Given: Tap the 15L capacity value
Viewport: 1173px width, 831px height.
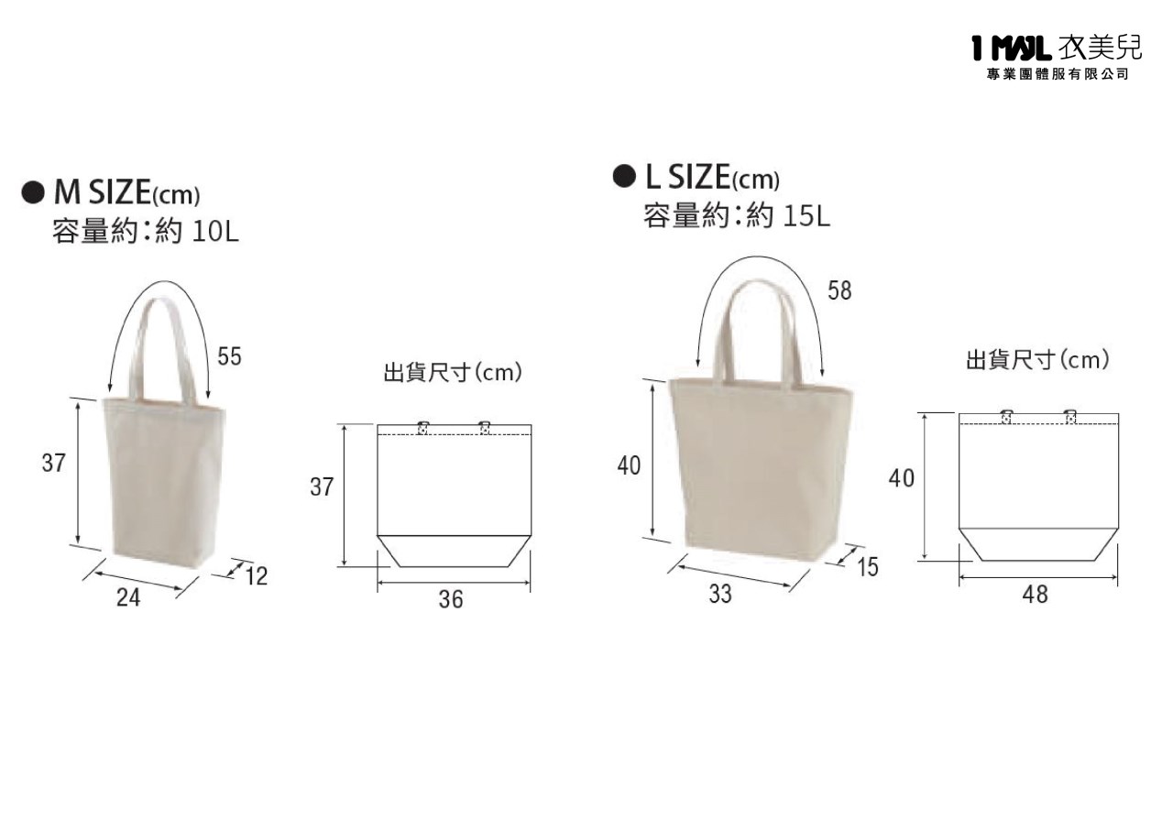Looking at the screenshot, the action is coord(806,215).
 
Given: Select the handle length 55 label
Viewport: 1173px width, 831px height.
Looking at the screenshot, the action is coord(229,356).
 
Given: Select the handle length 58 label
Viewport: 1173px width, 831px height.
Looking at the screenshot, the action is coord(839,290).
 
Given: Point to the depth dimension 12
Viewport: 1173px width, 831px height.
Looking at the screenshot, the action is coord(256,576).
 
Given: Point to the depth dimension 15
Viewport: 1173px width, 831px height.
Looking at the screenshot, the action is coord(868,567).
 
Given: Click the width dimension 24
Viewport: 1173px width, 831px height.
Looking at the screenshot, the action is coord(128,597).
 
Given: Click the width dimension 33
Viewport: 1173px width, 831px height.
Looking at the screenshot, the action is coord(720,594).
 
